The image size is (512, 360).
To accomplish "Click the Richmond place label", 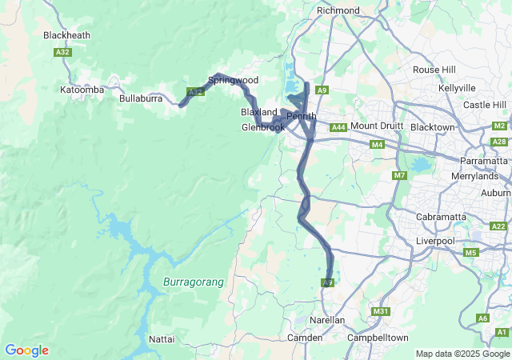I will pyautogui.click(x=338, y=10).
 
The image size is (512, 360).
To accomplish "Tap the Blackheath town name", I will pyautogui.click(x=67, y=35).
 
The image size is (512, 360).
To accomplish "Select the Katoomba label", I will pyautogui.click(x=82, y=90).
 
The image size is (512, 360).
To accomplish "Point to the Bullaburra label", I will pyautogui.click(x=141, y=98).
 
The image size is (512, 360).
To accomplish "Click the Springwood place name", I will pyautogui.click(x=233, y=80).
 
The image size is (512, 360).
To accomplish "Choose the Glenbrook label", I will pyautogui.click(x=262, y=127).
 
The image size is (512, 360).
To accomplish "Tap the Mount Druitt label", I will pyautogui.click(x=374, y=126).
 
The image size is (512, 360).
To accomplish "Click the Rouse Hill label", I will pyautogui.click(x=434, y=70).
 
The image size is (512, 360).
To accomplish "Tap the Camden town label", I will pyautogui.click(x=305, y=338).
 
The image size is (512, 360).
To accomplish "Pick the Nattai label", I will pyautogui.click(x=162, y=339).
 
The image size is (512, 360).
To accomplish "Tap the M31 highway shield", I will pyautogui.click(x=380, y=311).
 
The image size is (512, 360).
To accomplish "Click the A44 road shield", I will pyautogui.click(x=338, y=127).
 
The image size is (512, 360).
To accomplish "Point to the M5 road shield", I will pyautogui.click(x=470, y=253).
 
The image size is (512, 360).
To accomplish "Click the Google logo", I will pyautogui.click(x=26, y=350).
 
